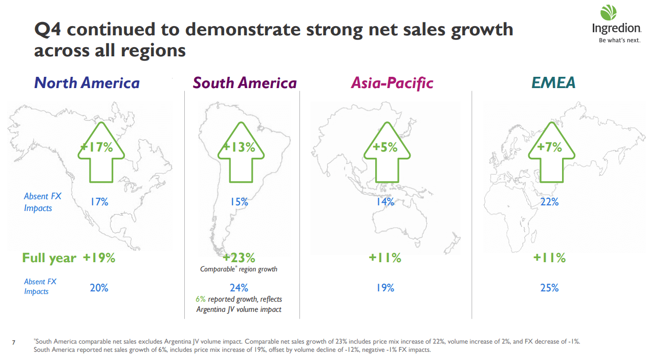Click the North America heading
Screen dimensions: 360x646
pos(87,83)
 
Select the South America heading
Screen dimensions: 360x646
pos(245,83)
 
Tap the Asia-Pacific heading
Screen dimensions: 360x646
pos(392,83)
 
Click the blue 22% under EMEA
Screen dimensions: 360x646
pos(549,202)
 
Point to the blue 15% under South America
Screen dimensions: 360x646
pos(239,202)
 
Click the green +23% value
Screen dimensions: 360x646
pos(239,258)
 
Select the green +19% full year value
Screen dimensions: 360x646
pos(99,258)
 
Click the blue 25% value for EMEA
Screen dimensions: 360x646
pos(549,288)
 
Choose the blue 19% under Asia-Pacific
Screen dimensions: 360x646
pos(385,288)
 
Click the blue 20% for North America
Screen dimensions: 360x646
pos(99,288)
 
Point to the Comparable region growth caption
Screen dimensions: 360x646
pos(239,269)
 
